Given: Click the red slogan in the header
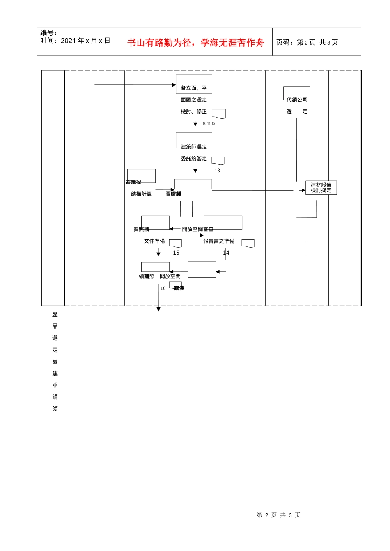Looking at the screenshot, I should (195, 43).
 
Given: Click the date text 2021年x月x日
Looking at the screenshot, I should (85, 41).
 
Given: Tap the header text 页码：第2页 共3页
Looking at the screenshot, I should (307, 42).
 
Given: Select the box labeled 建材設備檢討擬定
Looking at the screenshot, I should (321, 188).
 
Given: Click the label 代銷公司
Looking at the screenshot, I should (297, 100).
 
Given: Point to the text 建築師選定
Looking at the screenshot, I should (194, 147).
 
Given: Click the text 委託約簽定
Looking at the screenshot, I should (194, 159).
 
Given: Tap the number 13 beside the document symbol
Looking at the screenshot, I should (217, 171).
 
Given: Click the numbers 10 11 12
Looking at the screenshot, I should (209, 123).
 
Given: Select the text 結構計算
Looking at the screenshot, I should (141, 194).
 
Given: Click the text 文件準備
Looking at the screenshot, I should (154, 241).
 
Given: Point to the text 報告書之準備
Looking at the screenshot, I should (219, 241).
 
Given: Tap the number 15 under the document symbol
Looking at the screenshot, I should (176, 253).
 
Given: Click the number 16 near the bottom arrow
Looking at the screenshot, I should (163, 288).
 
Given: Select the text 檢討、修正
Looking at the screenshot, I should (194, 112).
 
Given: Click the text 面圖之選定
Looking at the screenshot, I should (194, 100).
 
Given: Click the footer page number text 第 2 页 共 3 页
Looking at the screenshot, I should (278, 515).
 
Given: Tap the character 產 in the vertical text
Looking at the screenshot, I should (55, 314).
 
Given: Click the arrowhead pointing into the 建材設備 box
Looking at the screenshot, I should (303, 190).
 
